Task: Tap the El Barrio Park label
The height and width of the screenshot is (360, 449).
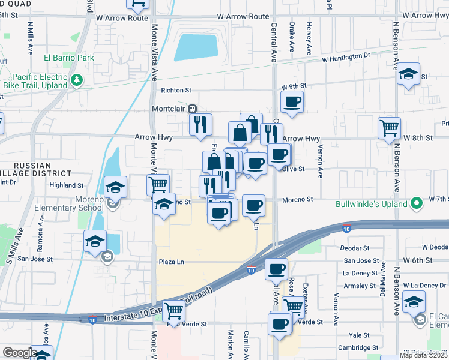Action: click(69, 58)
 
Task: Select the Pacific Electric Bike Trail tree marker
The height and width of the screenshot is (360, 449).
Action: click(76, 80)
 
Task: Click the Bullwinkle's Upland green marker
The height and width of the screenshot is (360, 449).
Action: click(416, 205)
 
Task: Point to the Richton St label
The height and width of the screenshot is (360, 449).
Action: click(175, 91)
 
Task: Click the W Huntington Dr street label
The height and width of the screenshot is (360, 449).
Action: click(346, 58)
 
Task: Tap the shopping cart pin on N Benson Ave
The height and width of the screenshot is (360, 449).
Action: click(389, 127)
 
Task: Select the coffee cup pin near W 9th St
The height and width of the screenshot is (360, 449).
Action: click(292, 101)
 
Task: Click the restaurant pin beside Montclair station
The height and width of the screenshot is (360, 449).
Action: click(200, 124)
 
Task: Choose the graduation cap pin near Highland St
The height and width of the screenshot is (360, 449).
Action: click(115, 187)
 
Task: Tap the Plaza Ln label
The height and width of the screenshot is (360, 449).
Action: click(171, 262)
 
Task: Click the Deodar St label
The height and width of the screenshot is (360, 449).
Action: click(355, 247)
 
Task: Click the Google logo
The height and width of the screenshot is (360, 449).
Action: click(20, 352)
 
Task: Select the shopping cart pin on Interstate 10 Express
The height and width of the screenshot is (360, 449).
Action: click(173, 310)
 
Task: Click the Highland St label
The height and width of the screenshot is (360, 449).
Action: click(67, 186)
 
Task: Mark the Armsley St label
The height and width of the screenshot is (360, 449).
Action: click(360, 286)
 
